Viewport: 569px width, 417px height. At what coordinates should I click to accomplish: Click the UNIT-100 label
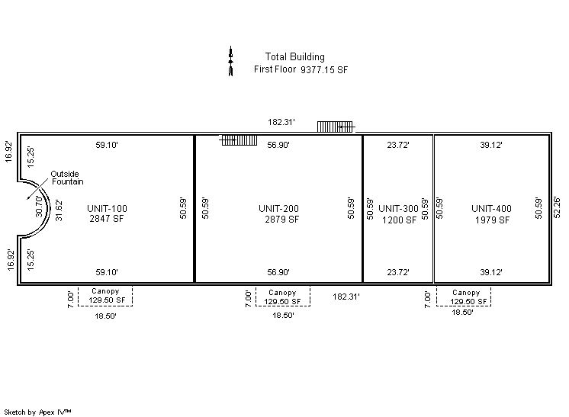pos(107,209)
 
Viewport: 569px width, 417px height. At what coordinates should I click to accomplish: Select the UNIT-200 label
pos(278,209)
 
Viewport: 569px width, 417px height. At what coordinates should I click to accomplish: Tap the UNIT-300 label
pos(398,209)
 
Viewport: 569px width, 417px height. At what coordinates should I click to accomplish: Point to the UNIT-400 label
pos(491,209)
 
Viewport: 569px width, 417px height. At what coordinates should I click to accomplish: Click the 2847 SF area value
pos(107,219)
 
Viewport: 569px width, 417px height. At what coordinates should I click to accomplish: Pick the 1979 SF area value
pos(493,220)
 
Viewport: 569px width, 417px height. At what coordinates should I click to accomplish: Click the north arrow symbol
pos(230,61)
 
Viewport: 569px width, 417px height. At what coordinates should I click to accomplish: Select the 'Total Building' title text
pos(294,57)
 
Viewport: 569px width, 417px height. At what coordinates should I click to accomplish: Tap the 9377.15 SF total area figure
pos(324,70)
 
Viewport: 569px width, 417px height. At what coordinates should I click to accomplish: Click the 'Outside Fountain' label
pos(67,178)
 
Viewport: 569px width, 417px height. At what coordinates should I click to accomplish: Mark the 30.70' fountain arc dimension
pos(39,206)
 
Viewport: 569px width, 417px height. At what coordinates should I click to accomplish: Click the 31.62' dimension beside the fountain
pos(59,210)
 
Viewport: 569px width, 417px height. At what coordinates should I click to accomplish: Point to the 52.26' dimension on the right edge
pos(557,207)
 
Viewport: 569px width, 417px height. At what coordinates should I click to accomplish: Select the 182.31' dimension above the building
pos(281,122)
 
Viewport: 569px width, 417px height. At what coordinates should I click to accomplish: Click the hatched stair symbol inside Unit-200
pos(239,140)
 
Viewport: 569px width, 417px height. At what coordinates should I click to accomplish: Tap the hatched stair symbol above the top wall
pos(336,127)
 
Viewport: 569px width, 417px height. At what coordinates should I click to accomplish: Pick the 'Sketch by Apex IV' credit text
pos(37,412)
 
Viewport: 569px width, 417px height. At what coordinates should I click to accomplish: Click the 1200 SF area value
pos(399,220)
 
